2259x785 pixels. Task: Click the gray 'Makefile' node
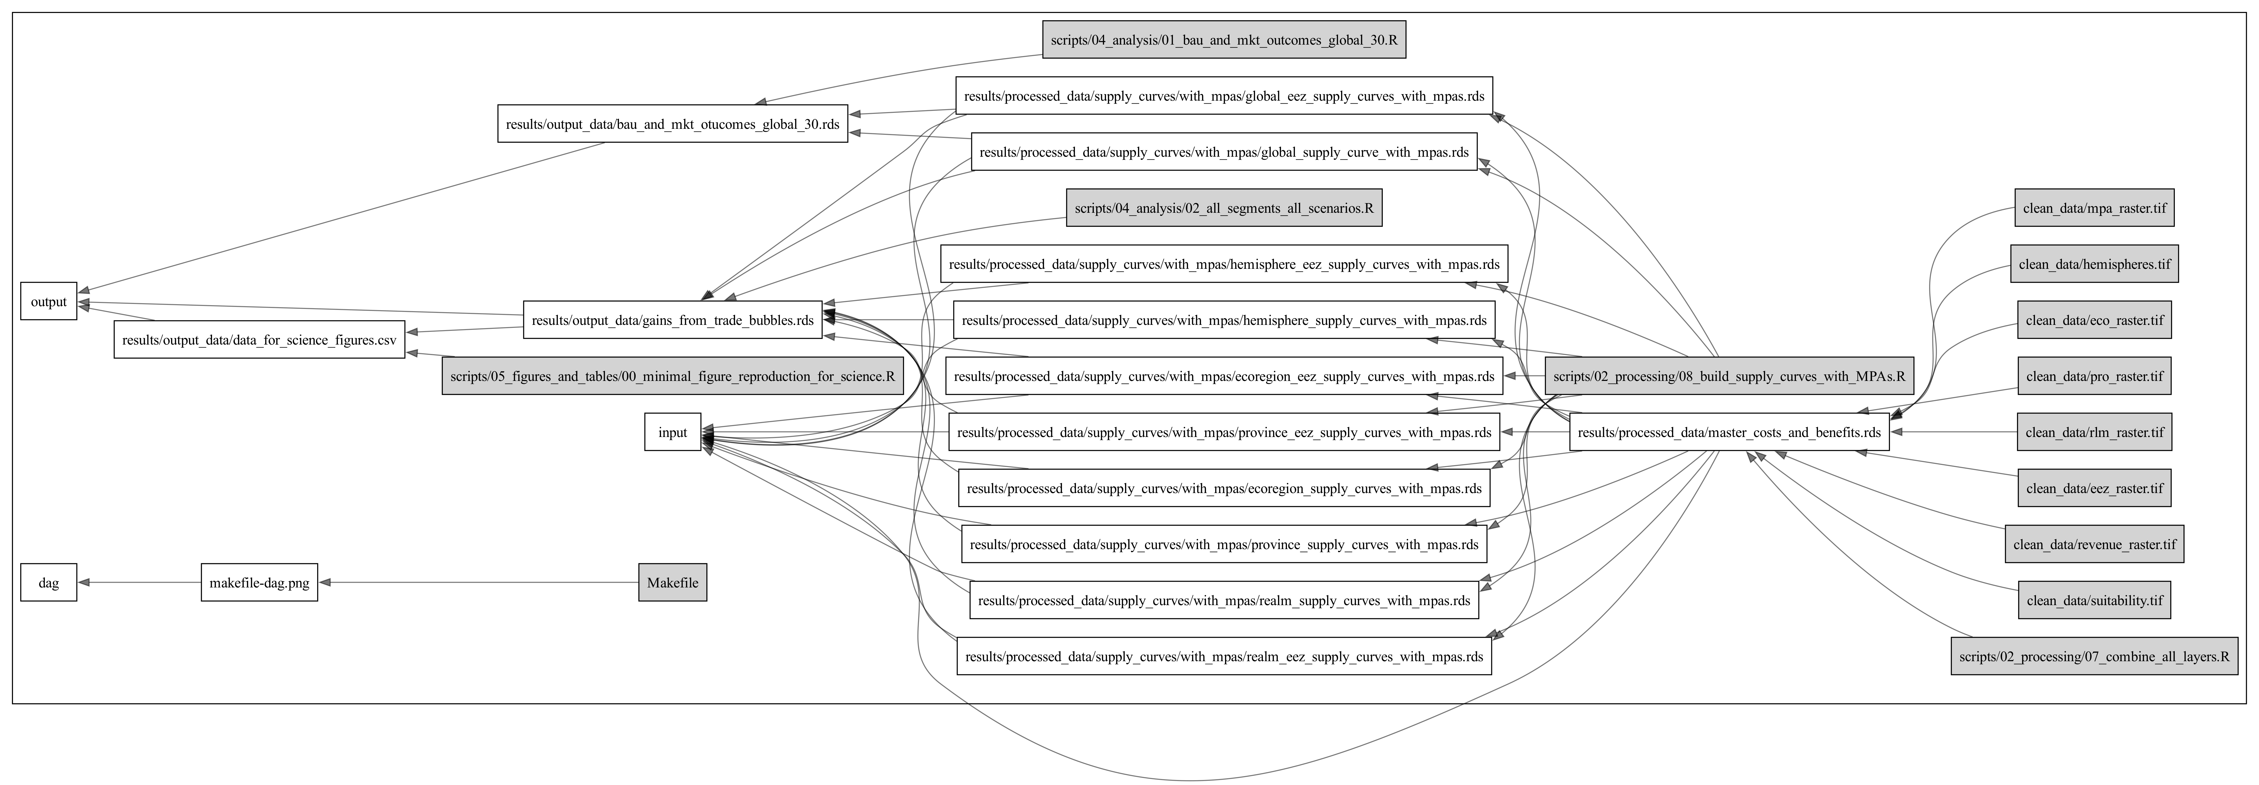pyautogui.click(x=673, y=582)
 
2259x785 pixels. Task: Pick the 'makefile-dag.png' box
pyautogui.click(x=260, y=582)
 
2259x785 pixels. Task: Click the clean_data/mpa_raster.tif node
pyautogui.click(x=2094, y=208)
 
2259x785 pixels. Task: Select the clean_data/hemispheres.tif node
pyautogui.click(x=2094, y=264)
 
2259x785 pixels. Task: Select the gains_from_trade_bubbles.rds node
pyautogui.click(x=673, y=320)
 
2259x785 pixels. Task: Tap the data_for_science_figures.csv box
pyautogui.click(x=260, y=339)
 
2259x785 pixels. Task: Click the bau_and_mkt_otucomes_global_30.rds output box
pyautogui.click(x=673, y=124)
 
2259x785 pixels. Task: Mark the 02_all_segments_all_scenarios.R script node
pyautogui.click(x=1223, y=208)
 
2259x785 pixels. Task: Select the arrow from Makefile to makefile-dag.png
pyautogui.click(x=478, y=582)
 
